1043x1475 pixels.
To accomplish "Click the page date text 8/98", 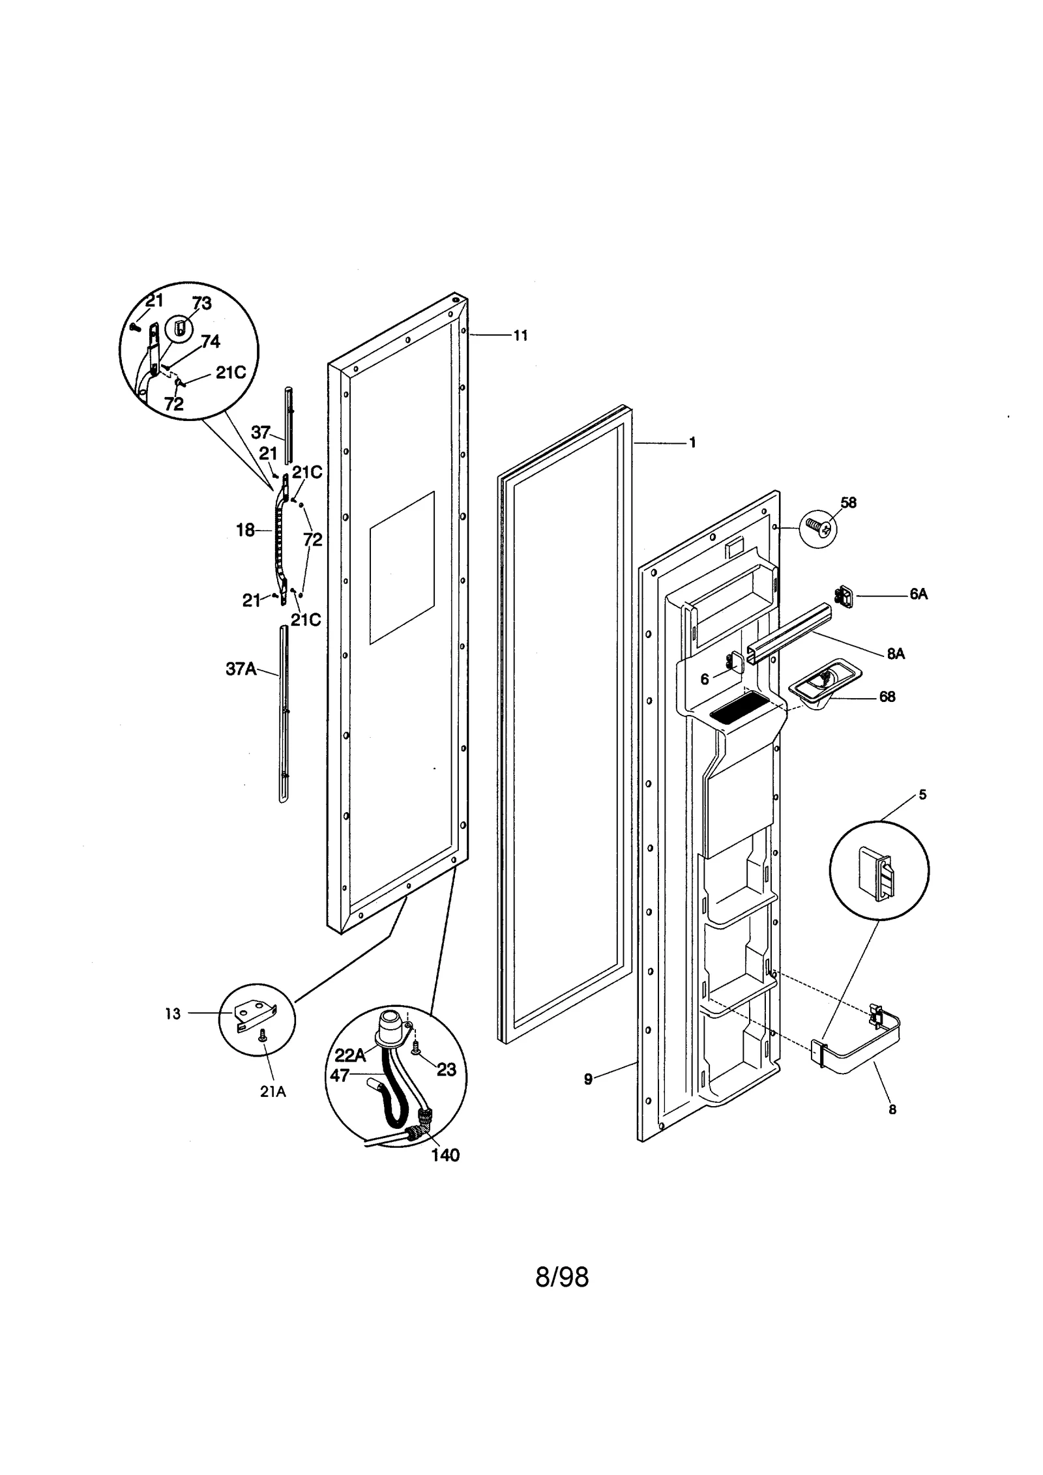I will (561, 1277).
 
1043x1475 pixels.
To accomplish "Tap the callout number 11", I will (520, 336).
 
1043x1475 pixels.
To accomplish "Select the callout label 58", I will (848, 503).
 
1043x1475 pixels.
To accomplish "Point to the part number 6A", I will (918, 594).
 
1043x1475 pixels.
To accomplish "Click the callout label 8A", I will (896, 654).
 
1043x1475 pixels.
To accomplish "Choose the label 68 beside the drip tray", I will (887, 697).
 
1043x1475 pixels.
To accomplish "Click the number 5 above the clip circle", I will (922, 795).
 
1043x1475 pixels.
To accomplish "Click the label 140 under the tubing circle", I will (445, 1155).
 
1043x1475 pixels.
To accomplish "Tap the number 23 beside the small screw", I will (446, 1070).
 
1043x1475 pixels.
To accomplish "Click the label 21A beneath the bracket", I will (273, 1092).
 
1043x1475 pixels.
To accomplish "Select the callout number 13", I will (173, 1014).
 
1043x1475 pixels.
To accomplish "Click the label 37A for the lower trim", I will (241, 669).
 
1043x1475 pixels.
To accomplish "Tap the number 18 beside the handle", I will (245, 531).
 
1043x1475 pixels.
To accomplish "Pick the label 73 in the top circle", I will (201, 303).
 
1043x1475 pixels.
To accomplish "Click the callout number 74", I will (210, 342).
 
